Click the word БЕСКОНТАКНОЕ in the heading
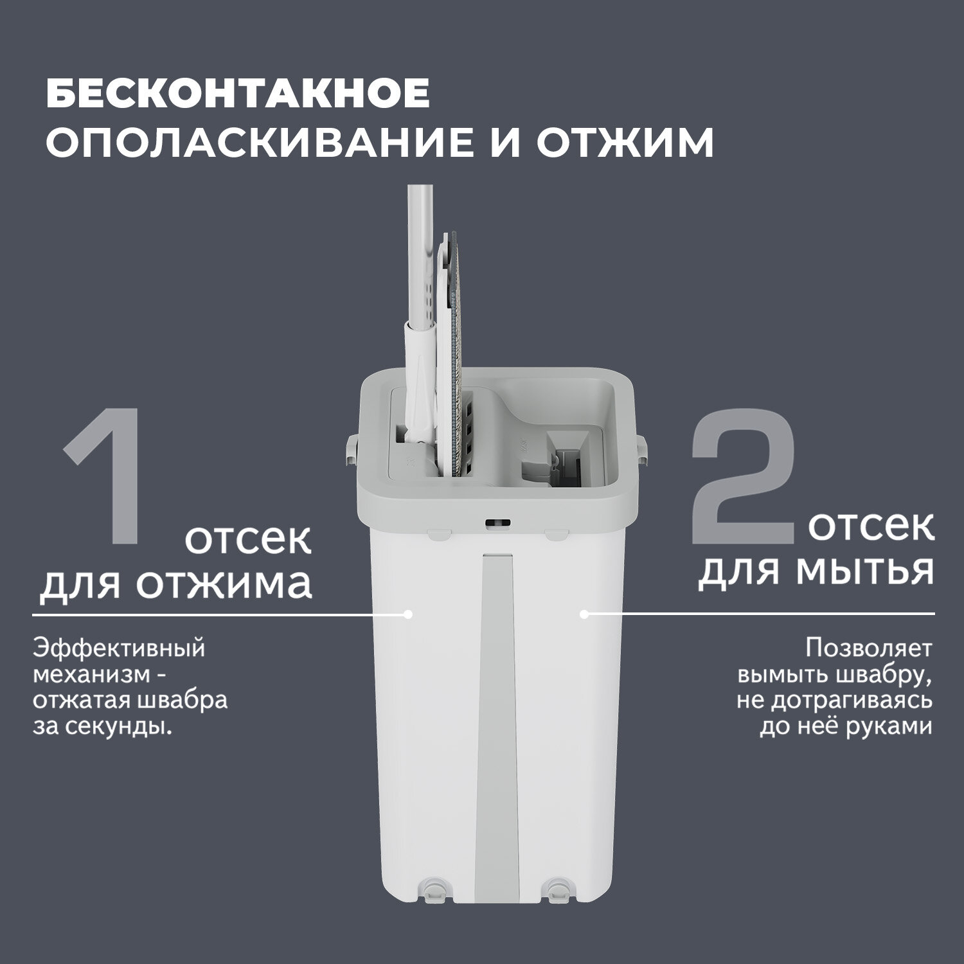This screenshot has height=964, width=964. point(238,94)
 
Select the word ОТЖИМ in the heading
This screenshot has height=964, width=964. point(625,143)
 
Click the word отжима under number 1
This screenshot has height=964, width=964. point(226,584)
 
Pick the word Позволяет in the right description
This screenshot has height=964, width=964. point(868,648)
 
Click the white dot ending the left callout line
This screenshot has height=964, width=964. point(407,614)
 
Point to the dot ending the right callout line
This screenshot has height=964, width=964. point(584,614)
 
